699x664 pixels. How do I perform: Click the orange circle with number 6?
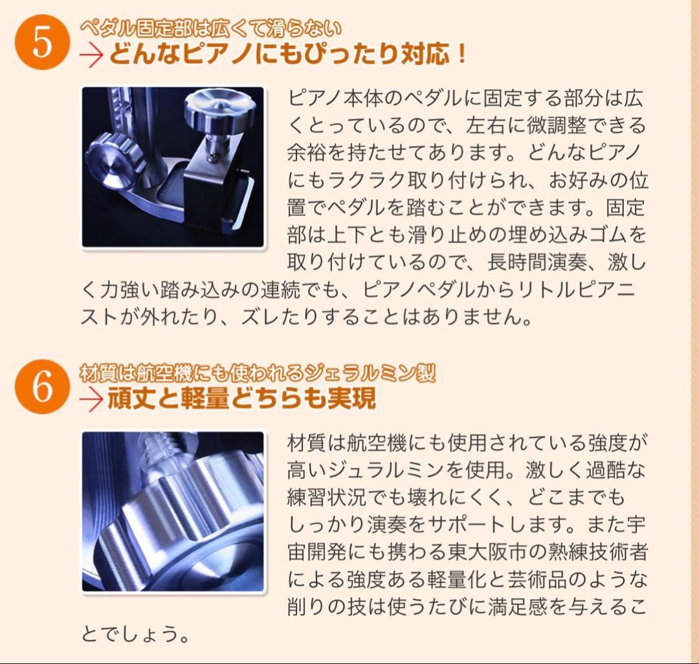click(x=42, y=388)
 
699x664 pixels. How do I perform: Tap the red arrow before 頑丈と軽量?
click(x=92, y=400)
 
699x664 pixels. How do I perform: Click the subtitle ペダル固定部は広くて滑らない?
click(x=210, y=28)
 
